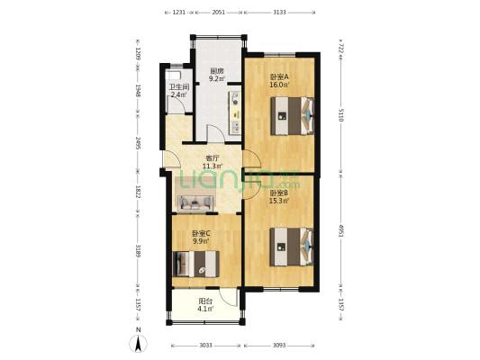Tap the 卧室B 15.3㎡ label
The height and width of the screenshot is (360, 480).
[x=277, y=196]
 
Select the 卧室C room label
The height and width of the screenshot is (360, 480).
[x=200, y=237]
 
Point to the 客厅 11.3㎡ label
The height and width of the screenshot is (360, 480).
[x=212, y=162]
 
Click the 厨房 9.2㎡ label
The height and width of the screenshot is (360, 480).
[x=216, y=75]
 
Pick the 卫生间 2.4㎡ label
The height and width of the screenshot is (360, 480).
[x=178, y=90]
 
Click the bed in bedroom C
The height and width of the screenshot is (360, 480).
[x=197, y=263]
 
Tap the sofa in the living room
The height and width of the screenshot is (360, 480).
[x=195, y=202]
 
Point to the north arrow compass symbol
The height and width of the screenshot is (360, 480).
[x=138, y=342]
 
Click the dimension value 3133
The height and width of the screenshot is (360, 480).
[x=279, y=13]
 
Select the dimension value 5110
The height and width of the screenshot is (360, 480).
[x=340, y=114]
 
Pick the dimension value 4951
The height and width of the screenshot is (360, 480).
[x=340, y=231]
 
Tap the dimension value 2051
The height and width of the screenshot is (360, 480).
[x=218, y=13]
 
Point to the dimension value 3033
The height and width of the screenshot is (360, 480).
[x=204, y=345]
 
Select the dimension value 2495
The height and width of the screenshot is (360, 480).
[x=137, y=144]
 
